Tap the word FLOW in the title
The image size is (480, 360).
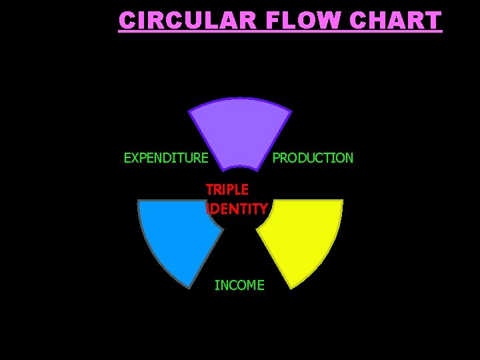[x=296, y=21]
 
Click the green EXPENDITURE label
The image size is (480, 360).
[x=166, y=158]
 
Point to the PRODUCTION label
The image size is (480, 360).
[x=313, y=158]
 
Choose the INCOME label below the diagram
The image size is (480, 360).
[x=239, y=285]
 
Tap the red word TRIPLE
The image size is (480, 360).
[x=227, y=190]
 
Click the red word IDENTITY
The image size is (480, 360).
[x=238, y=209]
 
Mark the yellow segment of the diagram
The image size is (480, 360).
[x=303, y=233]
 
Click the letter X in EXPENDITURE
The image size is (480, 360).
[x=135, y=158]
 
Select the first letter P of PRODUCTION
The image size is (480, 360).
[x=277, y=158]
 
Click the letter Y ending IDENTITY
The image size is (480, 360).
[x=263, y=209]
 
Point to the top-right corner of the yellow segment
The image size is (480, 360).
[x=341, y=201]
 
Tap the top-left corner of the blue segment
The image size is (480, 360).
[x=139, y=201]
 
